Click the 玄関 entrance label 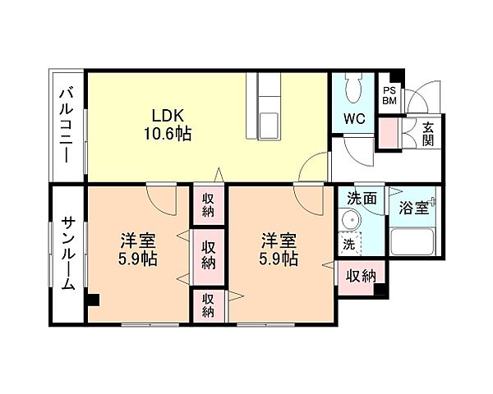(x=429, y=133)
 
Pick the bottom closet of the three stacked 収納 (x=209, y=305)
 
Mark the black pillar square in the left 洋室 (x=94, y=300)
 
